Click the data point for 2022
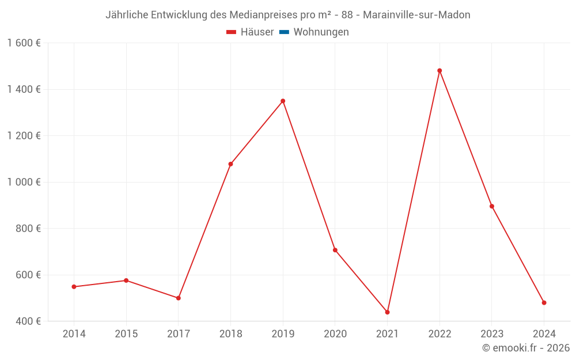coord(439,71)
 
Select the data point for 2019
coord(283,101)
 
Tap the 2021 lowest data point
coord(387,312)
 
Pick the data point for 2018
coord(230,164)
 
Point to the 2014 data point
coord(74,286)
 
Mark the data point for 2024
coord(544,302)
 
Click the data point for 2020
coord(335,250)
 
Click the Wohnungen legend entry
coord(321,32)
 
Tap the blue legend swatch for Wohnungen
coord(284,32)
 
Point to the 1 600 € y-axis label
coord(24,43)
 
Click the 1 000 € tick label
coord(24,182)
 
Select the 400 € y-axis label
coord(27,321)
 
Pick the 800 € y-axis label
coord(27,228)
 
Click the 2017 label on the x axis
coord(178,334)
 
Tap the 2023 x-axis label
coord(491,334)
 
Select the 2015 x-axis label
coord(126,334)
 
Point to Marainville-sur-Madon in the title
coord(416,15)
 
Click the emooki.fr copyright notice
coord(526,348)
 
